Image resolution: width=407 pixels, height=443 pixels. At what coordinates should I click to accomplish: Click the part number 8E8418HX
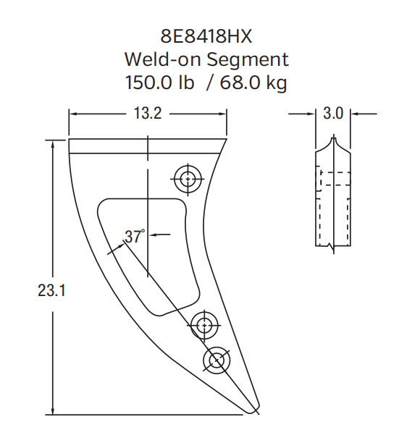(x=204, y=36)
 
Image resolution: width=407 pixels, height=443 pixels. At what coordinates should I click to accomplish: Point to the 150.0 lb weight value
(x=160, y=83)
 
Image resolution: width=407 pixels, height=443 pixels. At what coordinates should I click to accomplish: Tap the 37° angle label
(x=134, y=236)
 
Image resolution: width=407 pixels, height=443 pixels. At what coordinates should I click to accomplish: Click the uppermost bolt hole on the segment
(x=188, y=178)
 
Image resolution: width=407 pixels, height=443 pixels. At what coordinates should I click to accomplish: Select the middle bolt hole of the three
(x=204, y=324)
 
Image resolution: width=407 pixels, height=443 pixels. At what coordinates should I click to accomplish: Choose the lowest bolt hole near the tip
(x=217, y=360)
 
